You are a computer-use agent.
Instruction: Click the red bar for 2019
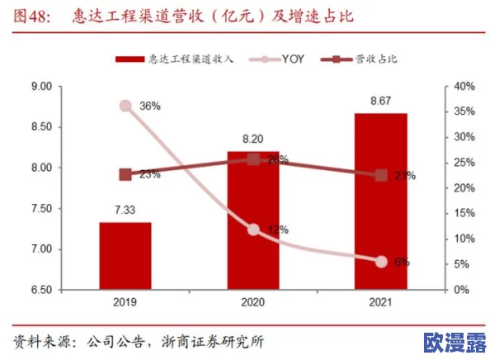pos(125,256)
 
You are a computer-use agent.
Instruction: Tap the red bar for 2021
pos(381,201)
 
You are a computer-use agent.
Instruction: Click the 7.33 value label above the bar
pos(125,211)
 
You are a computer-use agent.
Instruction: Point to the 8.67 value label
pos(381,101)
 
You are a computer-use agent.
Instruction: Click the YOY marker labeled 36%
pos(125,106)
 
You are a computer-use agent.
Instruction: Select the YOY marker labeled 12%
pos(253,230)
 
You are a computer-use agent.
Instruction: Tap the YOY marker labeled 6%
pos(381,261)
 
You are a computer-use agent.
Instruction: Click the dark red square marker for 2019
pos(125,174)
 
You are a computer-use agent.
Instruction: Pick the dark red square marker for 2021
pos(381,175)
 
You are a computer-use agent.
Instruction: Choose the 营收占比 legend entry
pos(370,59)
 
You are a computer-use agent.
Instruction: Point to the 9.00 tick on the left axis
pos(40,87)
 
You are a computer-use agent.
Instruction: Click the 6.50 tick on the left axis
pos(40,290)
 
